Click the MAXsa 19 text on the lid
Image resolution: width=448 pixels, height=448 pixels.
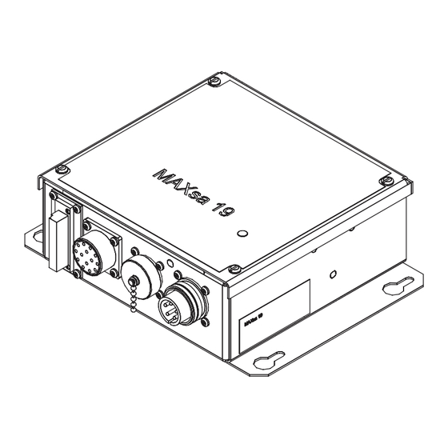pyautogui.click(x=192, y=190)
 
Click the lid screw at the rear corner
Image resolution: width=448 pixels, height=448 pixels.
pyautogui.click(x=211, y=81)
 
